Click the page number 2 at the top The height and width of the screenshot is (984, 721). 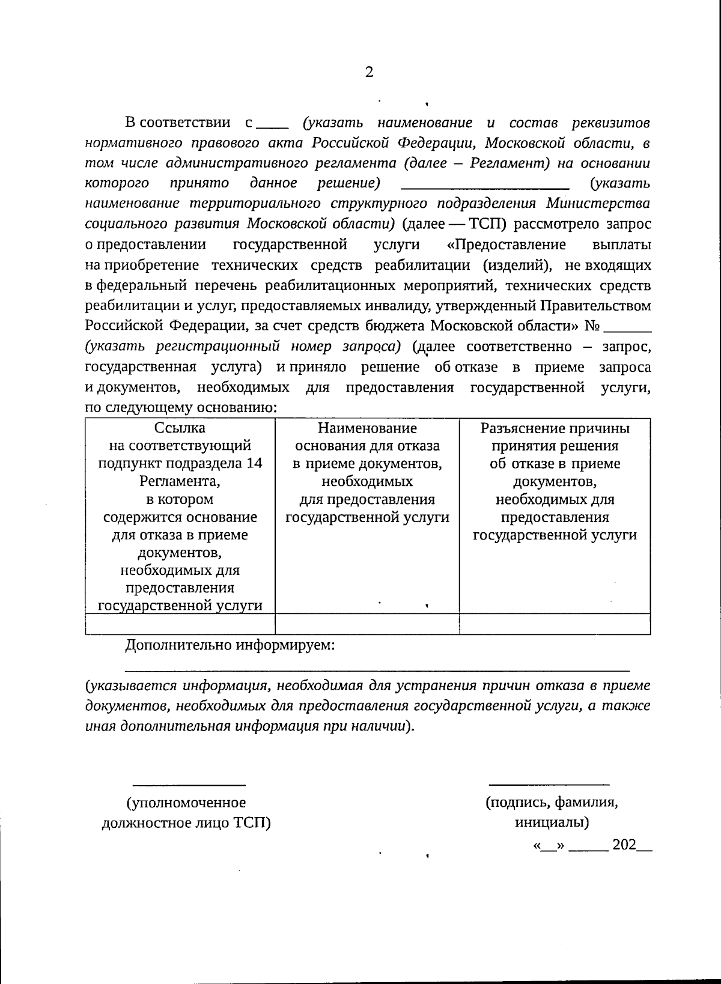tap(369, 73)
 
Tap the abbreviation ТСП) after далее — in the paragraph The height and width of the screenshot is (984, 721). tap(487, 224)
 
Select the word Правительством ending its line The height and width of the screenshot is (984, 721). tap(595, 306)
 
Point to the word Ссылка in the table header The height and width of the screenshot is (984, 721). tap(180, 428)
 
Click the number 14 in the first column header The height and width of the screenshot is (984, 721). tap(255, 464)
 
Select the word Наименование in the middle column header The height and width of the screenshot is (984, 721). tap(367, 428)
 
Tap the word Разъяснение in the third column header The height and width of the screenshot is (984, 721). tap(517, 428)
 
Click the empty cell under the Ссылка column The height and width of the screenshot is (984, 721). tap(180, 624)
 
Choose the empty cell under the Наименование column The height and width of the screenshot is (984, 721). tap(367, 624)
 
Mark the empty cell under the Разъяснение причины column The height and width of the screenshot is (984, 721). tap(555, 624)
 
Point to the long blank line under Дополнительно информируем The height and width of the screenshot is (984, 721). tap(377, 669)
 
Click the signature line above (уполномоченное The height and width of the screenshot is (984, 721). tap(189, 785)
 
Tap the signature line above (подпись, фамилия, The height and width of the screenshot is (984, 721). tap(549, 785)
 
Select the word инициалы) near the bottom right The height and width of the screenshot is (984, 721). tap(552, 822)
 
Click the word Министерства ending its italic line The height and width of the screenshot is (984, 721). tap(598, 203)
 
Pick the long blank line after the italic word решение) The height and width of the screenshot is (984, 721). tap(484, 188)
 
